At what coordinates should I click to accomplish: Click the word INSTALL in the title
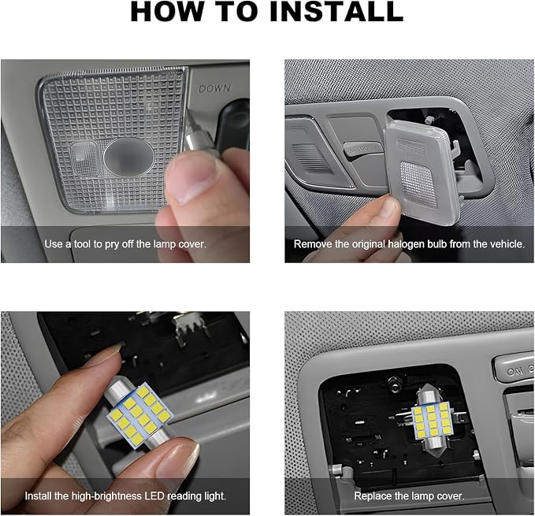pyautogui.click(x=336, y=12)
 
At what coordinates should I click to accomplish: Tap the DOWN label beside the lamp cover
pyautogui.click(x=214, y=89)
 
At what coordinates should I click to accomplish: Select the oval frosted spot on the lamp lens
pyautogui.click(x=128, y=158)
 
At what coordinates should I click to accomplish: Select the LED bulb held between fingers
pyautogui.click(x=140, y=414)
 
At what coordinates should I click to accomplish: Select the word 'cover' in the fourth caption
pyautogui.click(x=450, y=496)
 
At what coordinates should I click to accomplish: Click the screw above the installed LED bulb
pyautogui.click(x=395, y=380)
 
